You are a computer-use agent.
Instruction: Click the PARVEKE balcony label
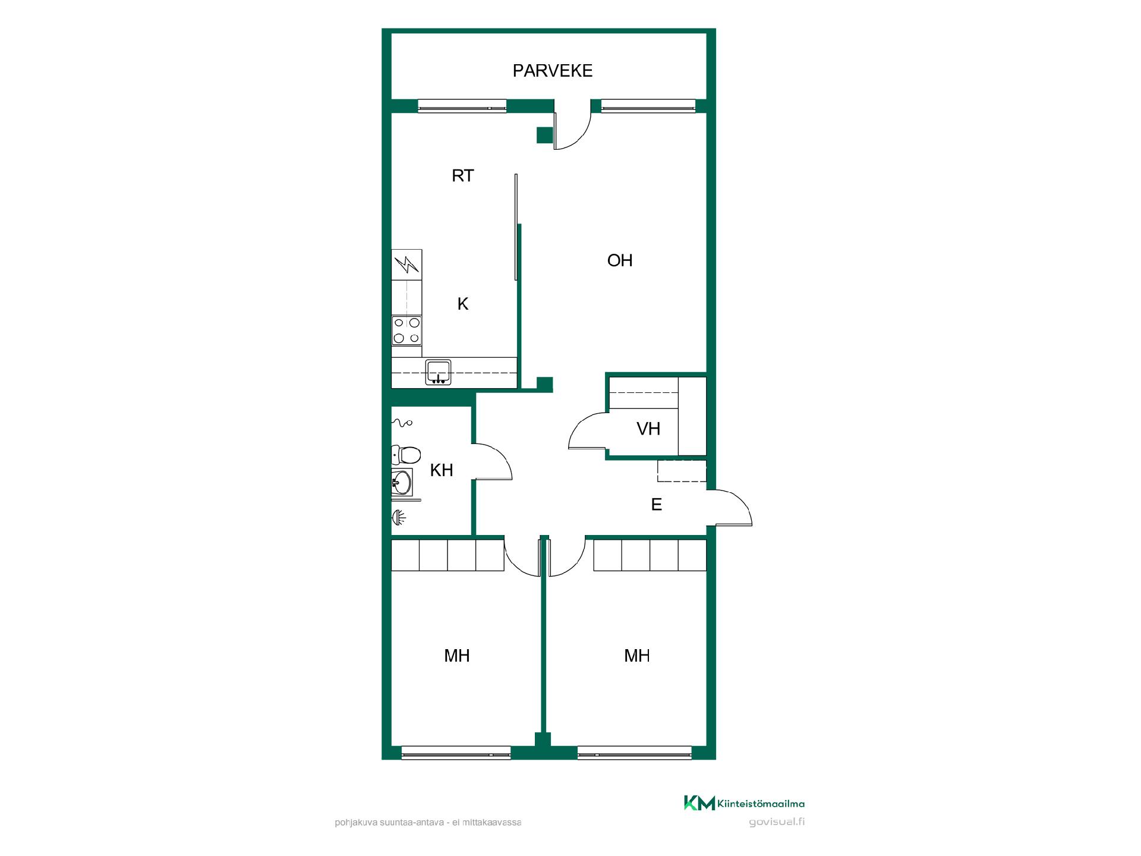[553, 71]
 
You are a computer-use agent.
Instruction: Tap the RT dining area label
[463, 176]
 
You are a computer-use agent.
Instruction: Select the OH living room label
[620, 260]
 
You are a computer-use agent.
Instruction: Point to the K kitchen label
[463, 304]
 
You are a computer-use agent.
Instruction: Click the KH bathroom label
[442, 470]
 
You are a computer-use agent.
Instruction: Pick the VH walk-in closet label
[648, 429]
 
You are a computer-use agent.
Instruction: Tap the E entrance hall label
[657, 505]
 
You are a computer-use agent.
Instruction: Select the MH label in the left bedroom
[457, 656]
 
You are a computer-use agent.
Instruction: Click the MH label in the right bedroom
[637, 656]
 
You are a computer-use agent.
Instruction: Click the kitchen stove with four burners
[406, 331]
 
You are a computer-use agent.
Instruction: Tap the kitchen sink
[439, 372]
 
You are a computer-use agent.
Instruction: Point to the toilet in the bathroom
[406, 455]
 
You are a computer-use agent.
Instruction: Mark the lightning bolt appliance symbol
[406, 265]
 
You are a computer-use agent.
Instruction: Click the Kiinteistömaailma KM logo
[744, 804]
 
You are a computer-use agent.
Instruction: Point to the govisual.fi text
[777, 823]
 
